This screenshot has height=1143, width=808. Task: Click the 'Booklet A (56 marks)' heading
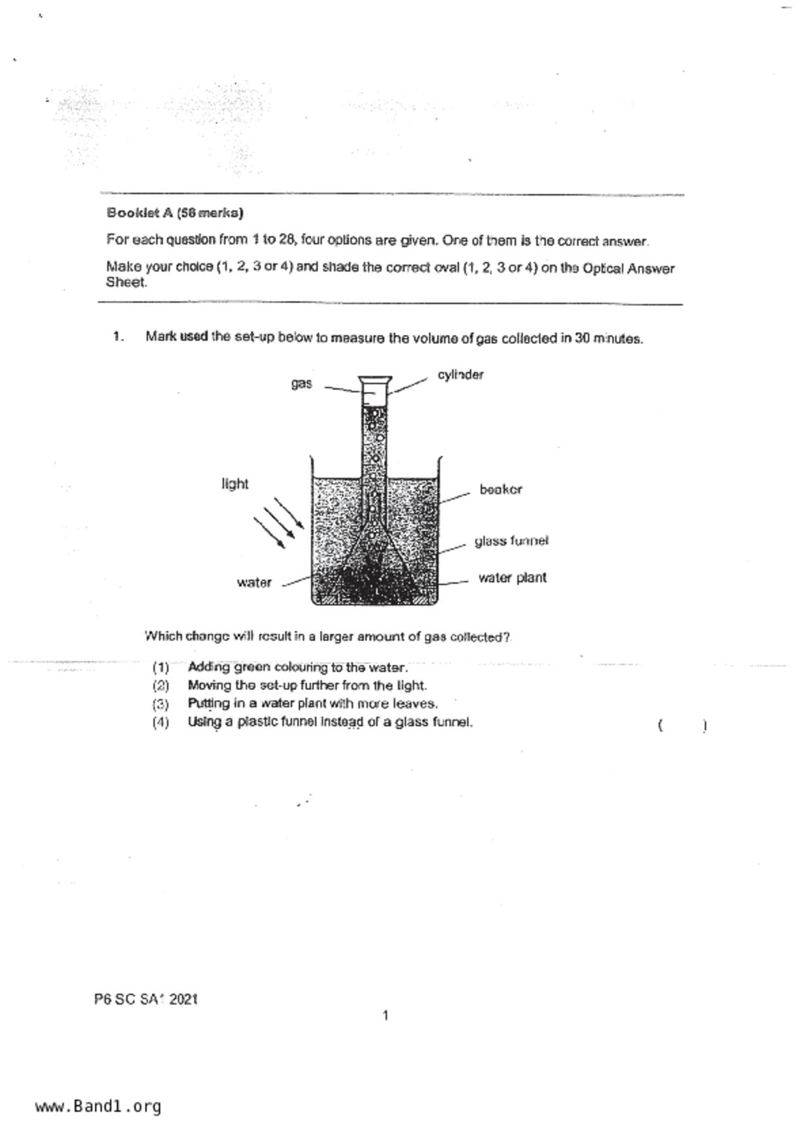click(x=175, y=213)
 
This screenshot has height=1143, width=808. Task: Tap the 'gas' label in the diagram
click(x=301, y=384)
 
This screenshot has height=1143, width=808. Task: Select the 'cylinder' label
click(x=460, y=375)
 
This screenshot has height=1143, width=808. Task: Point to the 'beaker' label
click(x=501, y=489)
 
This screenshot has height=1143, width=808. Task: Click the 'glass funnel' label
click(x=511, y=541)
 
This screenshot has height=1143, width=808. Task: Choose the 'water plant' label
click(x=512, y=578)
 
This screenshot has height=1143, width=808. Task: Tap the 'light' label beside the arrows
click(x=235, y=484)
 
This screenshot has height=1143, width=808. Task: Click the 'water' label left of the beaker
click(x=254, y=583)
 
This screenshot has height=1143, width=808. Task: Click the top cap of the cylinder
click(x=375, y=379)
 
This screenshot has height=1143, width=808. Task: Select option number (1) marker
click(x=160, y=667)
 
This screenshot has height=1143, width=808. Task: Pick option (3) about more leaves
click(x=312, y=704)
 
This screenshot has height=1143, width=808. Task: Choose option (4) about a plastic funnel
click(x=330, y=722)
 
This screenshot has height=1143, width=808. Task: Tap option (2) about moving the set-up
click(x=307, y=686)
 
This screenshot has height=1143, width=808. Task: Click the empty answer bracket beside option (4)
click(x=683, y=725)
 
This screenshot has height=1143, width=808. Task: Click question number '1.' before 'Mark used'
click(x=118, y=337)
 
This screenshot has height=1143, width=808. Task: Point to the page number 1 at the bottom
click(x=385, y=1015)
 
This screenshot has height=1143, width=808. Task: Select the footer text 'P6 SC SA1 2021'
click(x=145, y=999)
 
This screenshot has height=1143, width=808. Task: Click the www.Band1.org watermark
click(x=98, y=1107)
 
